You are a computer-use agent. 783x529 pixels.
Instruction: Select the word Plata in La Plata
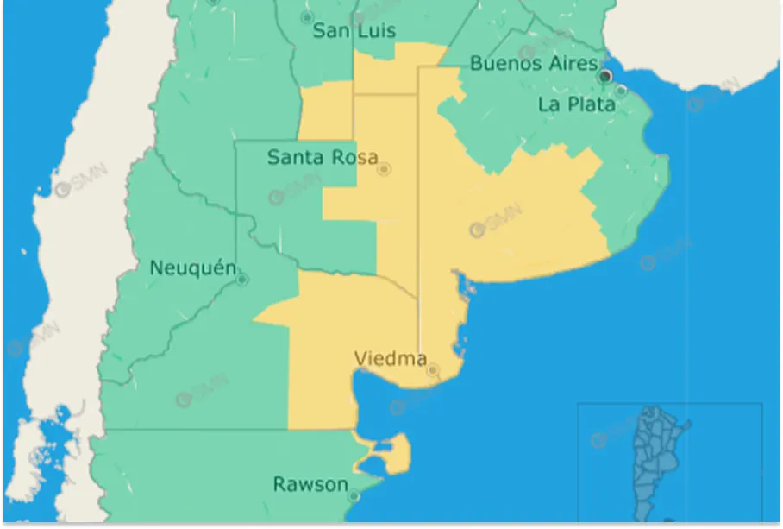pyautogui.click(x=591, y=104)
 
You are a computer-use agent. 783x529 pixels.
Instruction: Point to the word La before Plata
pyautogui.click(x=549, y=104)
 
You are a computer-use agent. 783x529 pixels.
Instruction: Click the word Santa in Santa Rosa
pyautogui.click(x=294, y=157)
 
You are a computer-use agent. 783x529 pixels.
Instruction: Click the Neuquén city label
pyautogui.click(x=192, y=268)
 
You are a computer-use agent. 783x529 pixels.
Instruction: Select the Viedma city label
pyautogui.click(x=390, y=358)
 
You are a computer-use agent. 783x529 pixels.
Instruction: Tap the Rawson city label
pyautogui.click(x=310, y=484)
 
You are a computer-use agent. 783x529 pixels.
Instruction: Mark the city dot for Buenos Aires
pyautogui.click(x=605, y=77)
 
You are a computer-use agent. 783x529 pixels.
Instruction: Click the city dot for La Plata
pyautogui.click(x=621, y=90)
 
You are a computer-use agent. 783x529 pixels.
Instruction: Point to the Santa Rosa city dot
pyautogui.click(x=385, y=169)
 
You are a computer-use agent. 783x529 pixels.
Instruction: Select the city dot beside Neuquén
pyautogui.click(x=242, y=280)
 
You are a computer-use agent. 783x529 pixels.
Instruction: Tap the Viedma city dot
pyautogui.click(x=433, y=370)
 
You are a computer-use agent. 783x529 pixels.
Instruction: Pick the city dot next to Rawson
pyautogui.click(x=354, y=496)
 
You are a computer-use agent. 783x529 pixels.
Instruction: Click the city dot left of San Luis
pyautogui.click(x=307, y=17)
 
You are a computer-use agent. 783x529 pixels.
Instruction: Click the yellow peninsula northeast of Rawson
pyautogui.click(x=392, y=453)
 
